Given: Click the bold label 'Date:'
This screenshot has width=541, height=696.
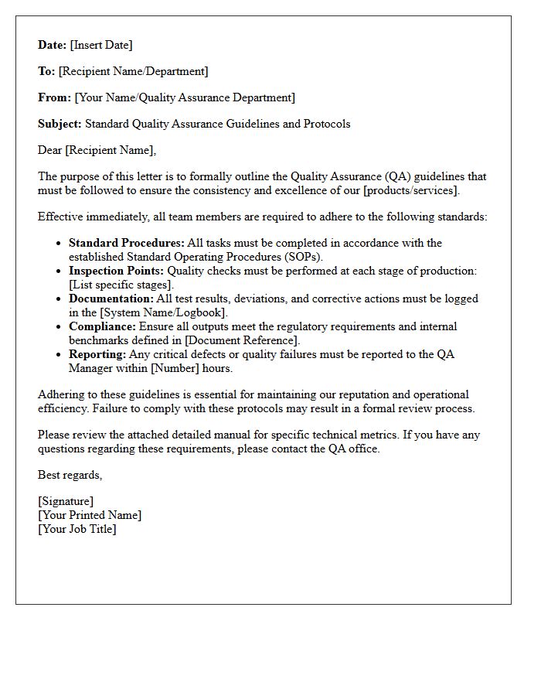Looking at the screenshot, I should [x=53, y=45].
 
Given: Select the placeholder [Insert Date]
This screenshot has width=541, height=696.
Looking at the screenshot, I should [x=101, y=45].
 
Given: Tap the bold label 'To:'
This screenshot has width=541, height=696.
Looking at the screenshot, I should [x=46, y=71].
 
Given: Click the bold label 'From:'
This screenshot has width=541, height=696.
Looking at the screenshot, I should [x=55, y=97].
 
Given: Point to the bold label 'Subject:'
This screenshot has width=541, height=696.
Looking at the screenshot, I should [x=60, y=124].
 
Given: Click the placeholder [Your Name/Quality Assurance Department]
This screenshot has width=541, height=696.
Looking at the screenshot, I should [x=185, y=97].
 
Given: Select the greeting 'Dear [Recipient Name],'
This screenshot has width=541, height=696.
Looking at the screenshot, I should [x=97, y=150].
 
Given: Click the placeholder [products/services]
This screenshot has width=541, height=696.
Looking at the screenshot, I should [x=411, y=190].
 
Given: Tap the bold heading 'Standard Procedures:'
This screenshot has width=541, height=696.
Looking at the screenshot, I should [x=127, y=243].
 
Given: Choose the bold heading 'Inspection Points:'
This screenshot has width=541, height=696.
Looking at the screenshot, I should [x=116, y=271].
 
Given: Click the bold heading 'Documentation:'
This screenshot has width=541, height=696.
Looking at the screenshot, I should [x=111, y=299].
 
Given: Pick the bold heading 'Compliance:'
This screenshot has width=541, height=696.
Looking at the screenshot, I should [x=102, y=326].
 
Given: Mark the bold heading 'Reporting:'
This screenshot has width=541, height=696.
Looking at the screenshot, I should [x=97, y=354].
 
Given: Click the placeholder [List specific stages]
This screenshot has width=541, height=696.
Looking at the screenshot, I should [x=121, y=285].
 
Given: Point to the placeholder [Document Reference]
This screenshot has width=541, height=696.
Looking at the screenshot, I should [x=242, y=340].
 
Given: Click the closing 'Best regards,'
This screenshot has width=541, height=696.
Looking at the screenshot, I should [x=70, y=475].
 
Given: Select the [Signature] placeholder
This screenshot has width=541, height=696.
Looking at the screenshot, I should [x=66, y=501].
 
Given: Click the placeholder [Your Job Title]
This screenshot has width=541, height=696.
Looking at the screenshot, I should [x=77, y=529].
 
